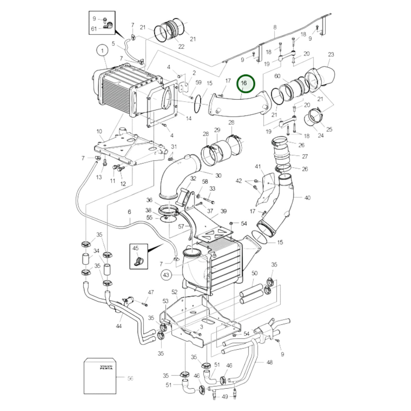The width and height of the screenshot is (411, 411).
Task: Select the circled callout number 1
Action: (102, 51)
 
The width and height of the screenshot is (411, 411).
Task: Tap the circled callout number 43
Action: (166, 275)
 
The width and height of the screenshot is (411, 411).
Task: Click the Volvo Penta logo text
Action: (106, 367)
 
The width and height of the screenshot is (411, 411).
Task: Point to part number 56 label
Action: (130, 378)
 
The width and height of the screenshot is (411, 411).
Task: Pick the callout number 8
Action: (275, 27)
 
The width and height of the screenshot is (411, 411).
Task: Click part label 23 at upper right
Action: (331, 54)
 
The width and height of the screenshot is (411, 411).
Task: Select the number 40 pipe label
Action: (307, 198)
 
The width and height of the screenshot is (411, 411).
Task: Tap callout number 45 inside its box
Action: (135, 248)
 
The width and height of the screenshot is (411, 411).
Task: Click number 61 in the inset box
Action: (94, 29)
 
